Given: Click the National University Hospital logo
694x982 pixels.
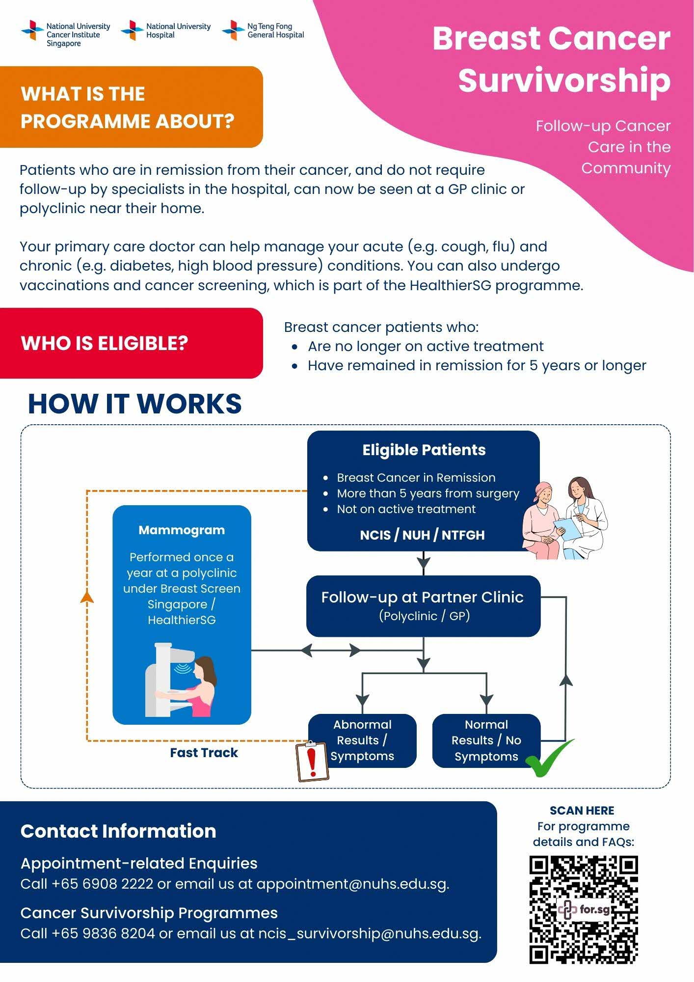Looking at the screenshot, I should click(166, 30).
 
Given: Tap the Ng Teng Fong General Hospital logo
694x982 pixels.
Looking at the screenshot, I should click(263, 30).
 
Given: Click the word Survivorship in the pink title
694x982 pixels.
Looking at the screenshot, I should click(564, 80).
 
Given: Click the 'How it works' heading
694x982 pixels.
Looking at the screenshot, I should click(135, 404).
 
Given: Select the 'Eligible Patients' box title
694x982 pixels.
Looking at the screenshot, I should click(424, 450).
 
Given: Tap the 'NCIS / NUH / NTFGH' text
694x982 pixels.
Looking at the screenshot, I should click(422, 535).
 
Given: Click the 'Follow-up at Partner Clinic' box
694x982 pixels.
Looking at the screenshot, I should click(423, 605).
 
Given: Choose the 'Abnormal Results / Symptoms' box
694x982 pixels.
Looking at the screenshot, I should click(362, 740).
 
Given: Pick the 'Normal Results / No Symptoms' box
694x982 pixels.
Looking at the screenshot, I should click(486, 740).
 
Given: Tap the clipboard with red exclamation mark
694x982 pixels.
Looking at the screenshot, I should click(312, 761).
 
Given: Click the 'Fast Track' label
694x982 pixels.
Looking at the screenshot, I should click(204, 753).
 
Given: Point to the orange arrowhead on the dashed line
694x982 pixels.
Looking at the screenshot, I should click(87, 596).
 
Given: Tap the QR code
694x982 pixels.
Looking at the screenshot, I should click(583, 909).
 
